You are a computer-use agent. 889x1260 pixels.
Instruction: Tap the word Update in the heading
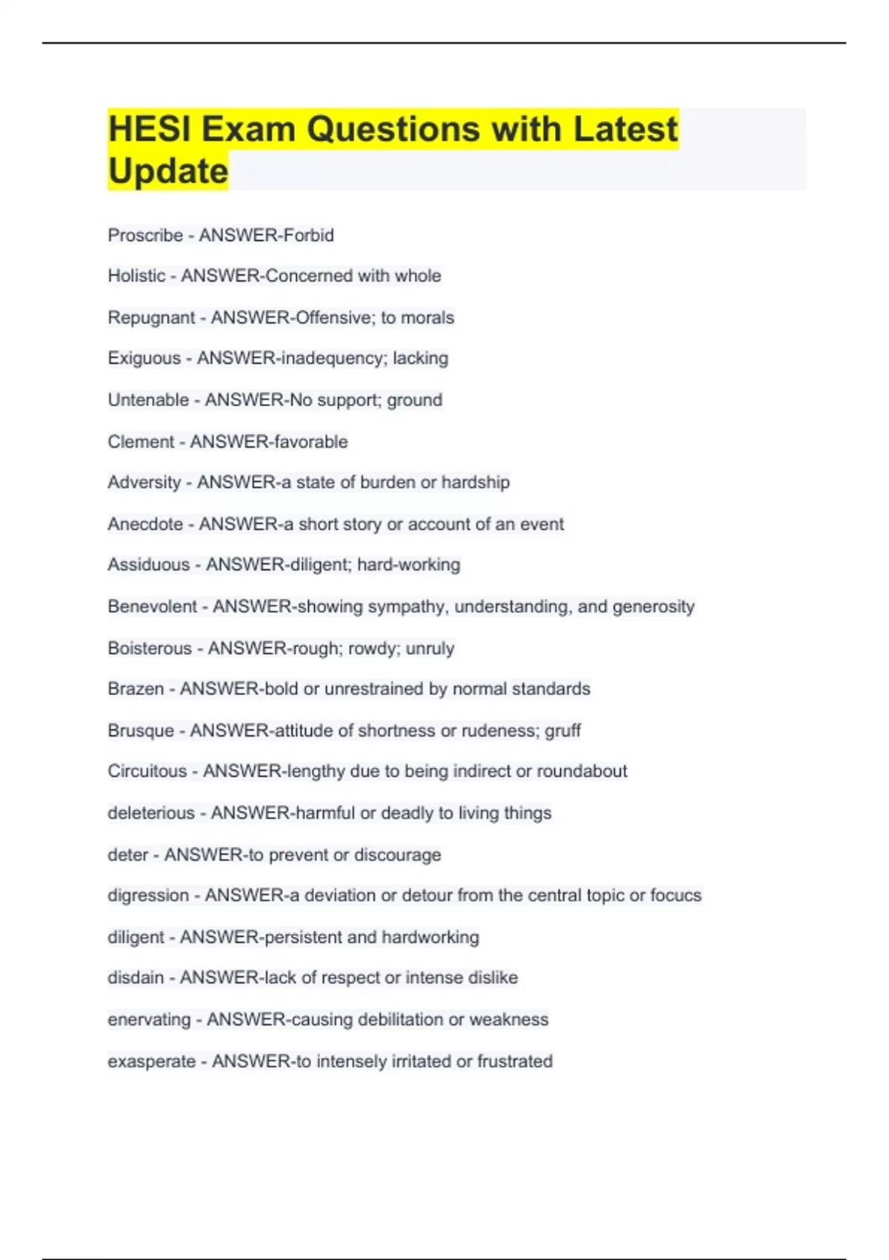168,171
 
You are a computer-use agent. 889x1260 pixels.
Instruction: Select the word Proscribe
145,236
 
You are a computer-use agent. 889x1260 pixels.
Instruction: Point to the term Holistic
136,276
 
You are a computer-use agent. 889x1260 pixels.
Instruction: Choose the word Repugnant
151,318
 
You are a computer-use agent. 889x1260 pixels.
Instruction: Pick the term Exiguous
144,359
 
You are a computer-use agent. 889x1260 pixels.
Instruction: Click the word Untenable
148,400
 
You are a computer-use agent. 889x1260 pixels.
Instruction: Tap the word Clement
140,442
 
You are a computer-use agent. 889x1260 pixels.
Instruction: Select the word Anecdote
145,524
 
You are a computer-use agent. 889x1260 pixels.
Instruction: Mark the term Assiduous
148,565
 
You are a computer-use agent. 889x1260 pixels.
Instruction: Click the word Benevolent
152,606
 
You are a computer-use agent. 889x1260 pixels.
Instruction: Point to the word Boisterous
150,649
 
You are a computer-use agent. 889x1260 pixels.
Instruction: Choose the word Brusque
141,731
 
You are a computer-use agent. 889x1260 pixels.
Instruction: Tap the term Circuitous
147,772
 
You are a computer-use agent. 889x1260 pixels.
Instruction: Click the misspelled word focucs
676,895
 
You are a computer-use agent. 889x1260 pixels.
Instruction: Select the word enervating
149,1020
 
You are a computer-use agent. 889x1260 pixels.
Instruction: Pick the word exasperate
152,1061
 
